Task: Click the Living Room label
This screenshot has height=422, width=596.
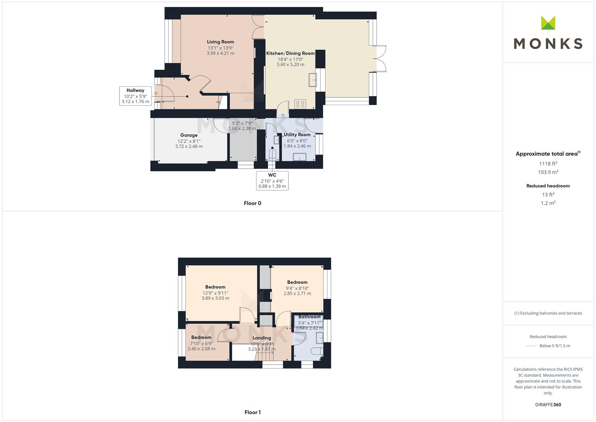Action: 220,42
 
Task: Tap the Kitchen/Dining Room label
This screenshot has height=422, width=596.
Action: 290,54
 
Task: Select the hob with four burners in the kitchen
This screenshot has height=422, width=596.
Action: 300,104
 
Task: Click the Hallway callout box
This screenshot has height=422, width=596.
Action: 135,96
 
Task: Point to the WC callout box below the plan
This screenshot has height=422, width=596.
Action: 272,181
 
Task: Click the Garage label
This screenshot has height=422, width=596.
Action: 189,135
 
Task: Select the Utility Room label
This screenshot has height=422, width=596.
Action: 297,135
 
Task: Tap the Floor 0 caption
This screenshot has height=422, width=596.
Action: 253,203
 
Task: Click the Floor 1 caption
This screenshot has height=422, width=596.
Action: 253,412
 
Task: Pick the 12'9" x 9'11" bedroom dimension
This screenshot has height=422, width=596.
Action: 215,293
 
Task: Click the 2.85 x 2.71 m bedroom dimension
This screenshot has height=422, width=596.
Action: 297,293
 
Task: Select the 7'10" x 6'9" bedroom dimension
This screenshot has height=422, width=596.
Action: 201,344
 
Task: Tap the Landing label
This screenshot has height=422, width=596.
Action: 262,338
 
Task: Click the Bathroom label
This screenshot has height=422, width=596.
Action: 309,317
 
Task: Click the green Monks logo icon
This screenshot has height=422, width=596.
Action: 548,23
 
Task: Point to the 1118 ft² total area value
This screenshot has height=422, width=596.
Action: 548,164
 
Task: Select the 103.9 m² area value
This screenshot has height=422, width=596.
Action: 548,172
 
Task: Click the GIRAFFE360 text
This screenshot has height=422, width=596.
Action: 548,405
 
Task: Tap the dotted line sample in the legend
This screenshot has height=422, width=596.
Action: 531,346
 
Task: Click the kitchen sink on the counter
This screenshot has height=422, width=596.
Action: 313,80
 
